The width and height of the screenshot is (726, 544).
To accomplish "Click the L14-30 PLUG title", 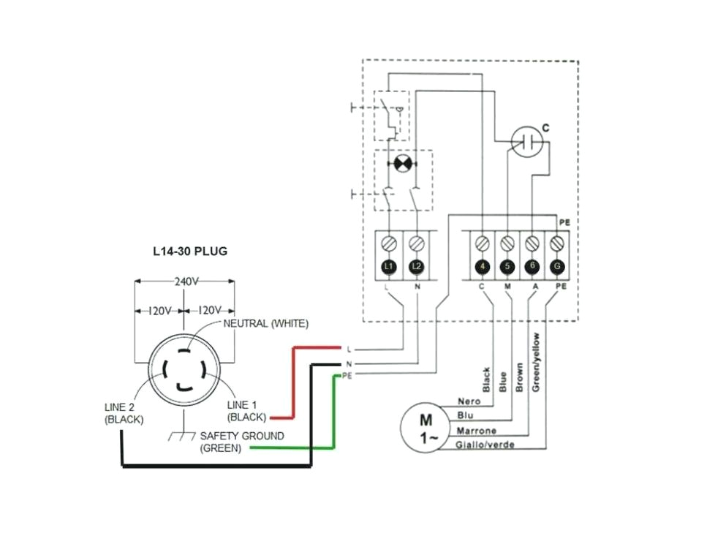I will pyautogui.click(x=190, y=251).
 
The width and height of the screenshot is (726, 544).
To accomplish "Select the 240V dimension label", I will pyautogui.click(x=184, y=279).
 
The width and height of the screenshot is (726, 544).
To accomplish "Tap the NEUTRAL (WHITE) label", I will pyautogui.click(x=265, y=323).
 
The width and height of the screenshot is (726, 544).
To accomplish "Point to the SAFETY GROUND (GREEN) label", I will pyautogui.click(x=231, y=442).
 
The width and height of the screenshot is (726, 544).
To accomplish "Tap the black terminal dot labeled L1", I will pyautogui.click(x=389, y=267).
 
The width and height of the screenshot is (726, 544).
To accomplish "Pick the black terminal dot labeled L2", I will pyautogui.click(x=417, y=267).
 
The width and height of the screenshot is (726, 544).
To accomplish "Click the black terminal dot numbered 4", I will pyautogui.click(x=482, y=267).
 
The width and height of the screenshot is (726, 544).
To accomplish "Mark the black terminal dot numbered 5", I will pyautogui.click(x=507, y=267).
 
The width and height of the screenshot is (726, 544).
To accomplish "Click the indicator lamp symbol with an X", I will pyautogui.click(x=401, y=163).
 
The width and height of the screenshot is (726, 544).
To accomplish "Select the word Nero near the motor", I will pyautogui.click(x=468, y=401).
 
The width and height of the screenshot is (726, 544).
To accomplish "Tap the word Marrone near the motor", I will pyautogui.click(x=476, y=431).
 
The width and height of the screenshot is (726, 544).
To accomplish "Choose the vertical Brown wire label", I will pyautogui.click(x=518, y=377).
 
